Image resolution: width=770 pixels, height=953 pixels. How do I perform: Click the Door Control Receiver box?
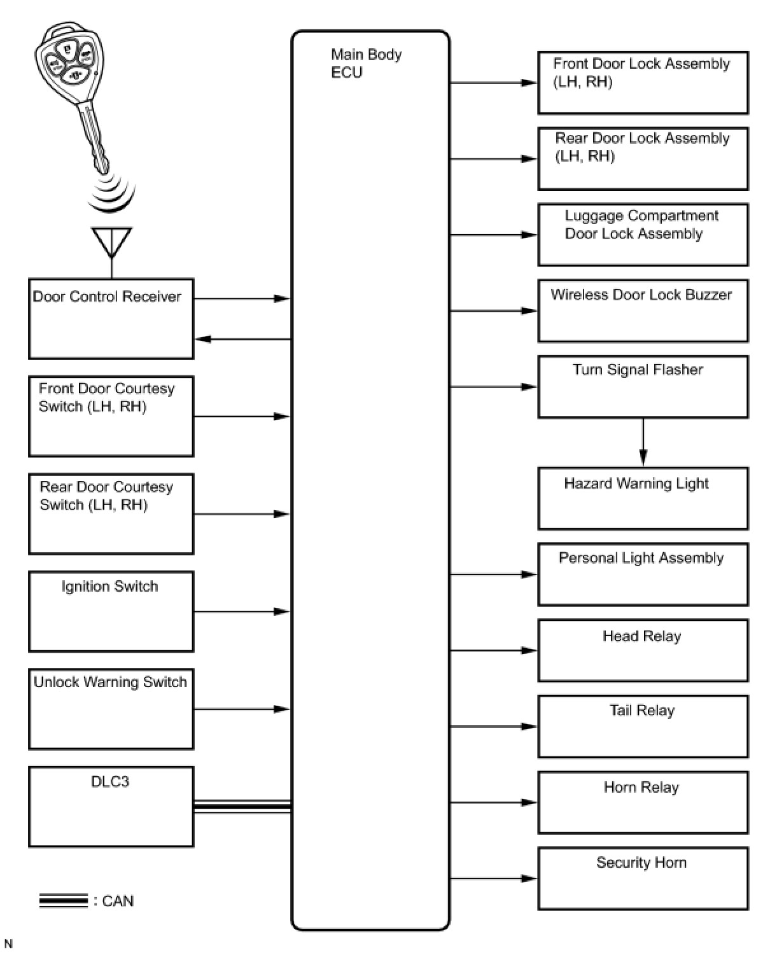pyautogui.click(x=111, y=319)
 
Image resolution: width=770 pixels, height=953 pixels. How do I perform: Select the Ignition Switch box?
pyautogui.click(x=111, y=611)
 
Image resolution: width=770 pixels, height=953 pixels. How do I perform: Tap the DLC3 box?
pyautogui.click(x=111, y=807)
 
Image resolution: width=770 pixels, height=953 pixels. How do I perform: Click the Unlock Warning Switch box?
pyautogui.click(x=111, y=709)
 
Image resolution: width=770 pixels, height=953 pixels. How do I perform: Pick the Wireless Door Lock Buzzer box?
pyautogui.click(x=643, y=311)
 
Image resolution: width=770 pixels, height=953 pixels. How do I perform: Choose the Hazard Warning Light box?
pyautogui.click(x=643, y=499)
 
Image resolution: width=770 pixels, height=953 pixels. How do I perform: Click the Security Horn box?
pyautogui.click(x=643, y=878)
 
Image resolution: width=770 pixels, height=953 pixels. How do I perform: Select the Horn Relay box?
pyautogui.click(x=643, y=802)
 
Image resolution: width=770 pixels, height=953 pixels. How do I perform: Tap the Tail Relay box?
pyautogui.click(x=643, y=727)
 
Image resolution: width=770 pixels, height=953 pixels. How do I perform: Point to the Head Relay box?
pyautogui.click(x=643, y=650)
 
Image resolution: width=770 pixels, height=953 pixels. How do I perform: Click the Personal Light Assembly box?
pyautogui.click(x=643, y=574)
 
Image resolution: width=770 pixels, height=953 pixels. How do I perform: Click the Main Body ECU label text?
pyautogui.click(x=366, y=64)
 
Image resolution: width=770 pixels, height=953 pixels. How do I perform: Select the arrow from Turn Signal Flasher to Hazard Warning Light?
pyautogui.click(x=643, y=443)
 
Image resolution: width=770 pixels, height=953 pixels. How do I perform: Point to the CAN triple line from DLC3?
pyautogui.click(x=242, y=807)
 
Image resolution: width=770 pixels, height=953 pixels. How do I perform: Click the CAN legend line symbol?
pyautogui.click(x=63, y=901)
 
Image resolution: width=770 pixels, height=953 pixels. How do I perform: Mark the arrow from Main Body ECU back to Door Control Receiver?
pyautogui.click(x=242, y=339)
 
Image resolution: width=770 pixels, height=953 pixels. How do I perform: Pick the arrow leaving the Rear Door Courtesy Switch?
pyautogui.click(x=242, y=514)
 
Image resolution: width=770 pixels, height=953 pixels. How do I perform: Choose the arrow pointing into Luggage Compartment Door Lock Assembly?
pyautogui.click(x=494, y=235)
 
